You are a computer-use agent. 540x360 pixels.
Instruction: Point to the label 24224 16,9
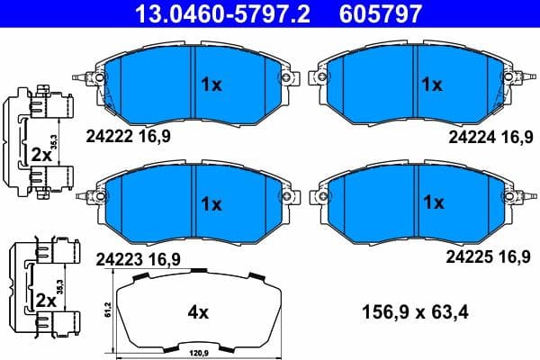489,137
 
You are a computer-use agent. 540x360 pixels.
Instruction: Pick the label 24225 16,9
489,256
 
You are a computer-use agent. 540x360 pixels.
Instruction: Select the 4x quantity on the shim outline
197,313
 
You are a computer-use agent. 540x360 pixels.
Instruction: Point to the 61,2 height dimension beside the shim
109,310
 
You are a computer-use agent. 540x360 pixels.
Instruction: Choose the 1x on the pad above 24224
432,85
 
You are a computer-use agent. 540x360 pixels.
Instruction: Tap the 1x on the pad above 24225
432,202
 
